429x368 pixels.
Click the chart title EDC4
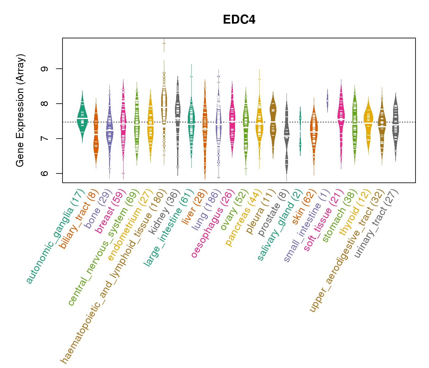pos(239,20)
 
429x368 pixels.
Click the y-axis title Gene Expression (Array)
pos(20,110)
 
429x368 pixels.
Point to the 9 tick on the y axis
pos(45,69)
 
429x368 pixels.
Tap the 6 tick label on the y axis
pos(45,174)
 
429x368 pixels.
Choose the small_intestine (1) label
pos(306,226)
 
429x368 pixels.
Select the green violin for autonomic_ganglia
pos(82,118)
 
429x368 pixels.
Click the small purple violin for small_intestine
pos(327,101)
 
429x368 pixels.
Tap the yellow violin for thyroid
pos(368,123)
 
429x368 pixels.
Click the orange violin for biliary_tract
pos(96,135)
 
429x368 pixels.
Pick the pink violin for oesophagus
pos(232,123)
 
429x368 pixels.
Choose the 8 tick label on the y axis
pos(45,104)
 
